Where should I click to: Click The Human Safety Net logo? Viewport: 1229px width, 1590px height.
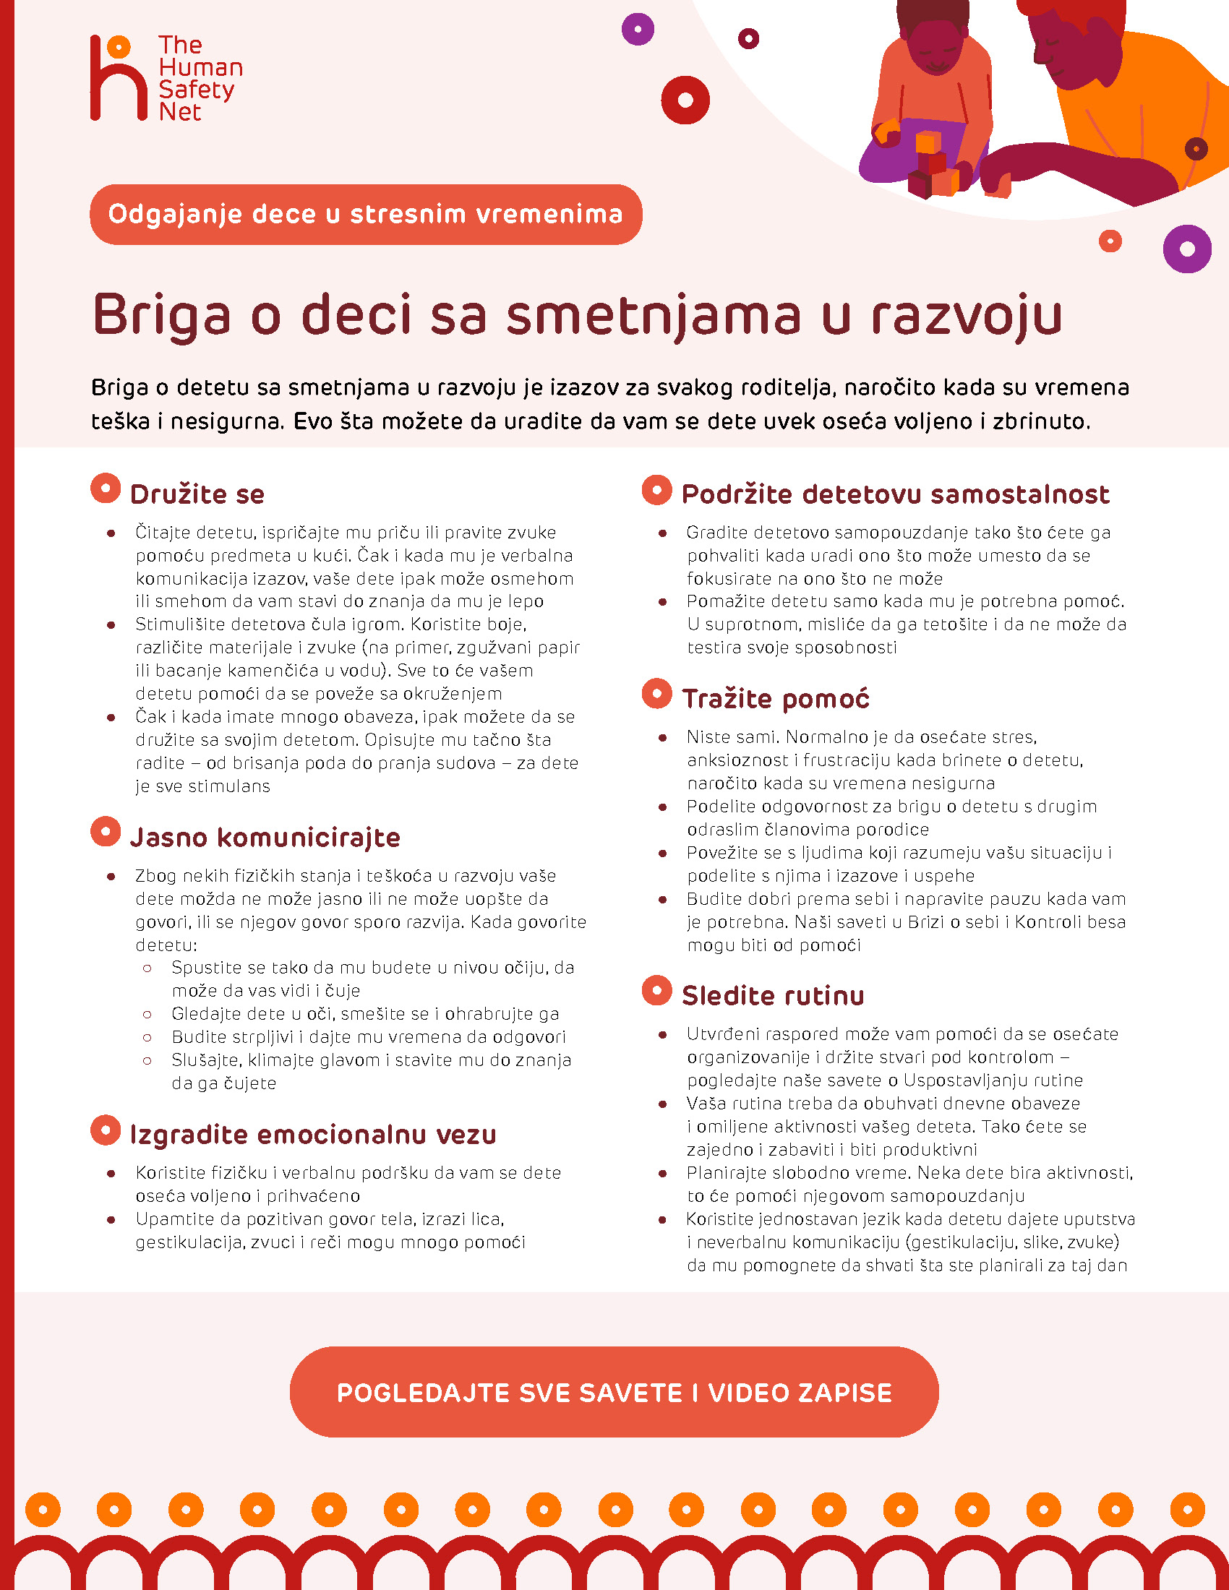166,78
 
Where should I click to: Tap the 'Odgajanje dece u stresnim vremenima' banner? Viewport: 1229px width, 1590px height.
366,214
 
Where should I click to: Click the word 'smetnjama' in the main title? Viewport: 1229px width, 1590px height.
653,315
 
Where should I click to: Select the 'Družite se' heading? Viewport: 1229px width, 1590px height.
197,494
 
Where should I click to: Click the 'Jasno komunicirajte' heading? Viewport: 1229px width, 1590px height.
265,837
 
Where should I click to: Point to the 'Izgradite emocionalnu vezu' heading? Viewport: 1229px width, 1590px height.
313,1134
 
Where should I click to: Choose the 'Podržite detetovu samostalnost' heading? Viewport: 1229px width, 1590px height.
895,494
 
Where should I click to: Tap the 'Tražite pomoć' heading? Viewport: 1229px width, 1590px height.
776,699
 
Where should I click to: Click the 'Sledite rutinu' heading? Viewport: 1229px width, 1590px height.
773,995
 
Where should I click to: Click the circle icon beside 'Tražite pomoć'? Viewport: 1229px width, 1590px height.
656,694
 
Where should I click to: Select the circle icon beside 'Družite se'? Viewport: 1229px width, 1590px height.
106,489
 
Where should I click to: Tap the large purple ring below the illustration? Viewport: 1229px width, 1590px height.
1187,249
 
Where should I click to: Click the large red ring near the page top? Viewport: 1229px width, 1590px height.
685,100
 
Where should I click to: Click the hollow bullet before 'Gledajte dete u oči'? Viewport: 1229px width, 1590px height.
147,1014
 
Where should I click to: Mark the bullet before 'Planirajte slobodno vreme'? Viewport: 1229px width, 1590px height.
662,1174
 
